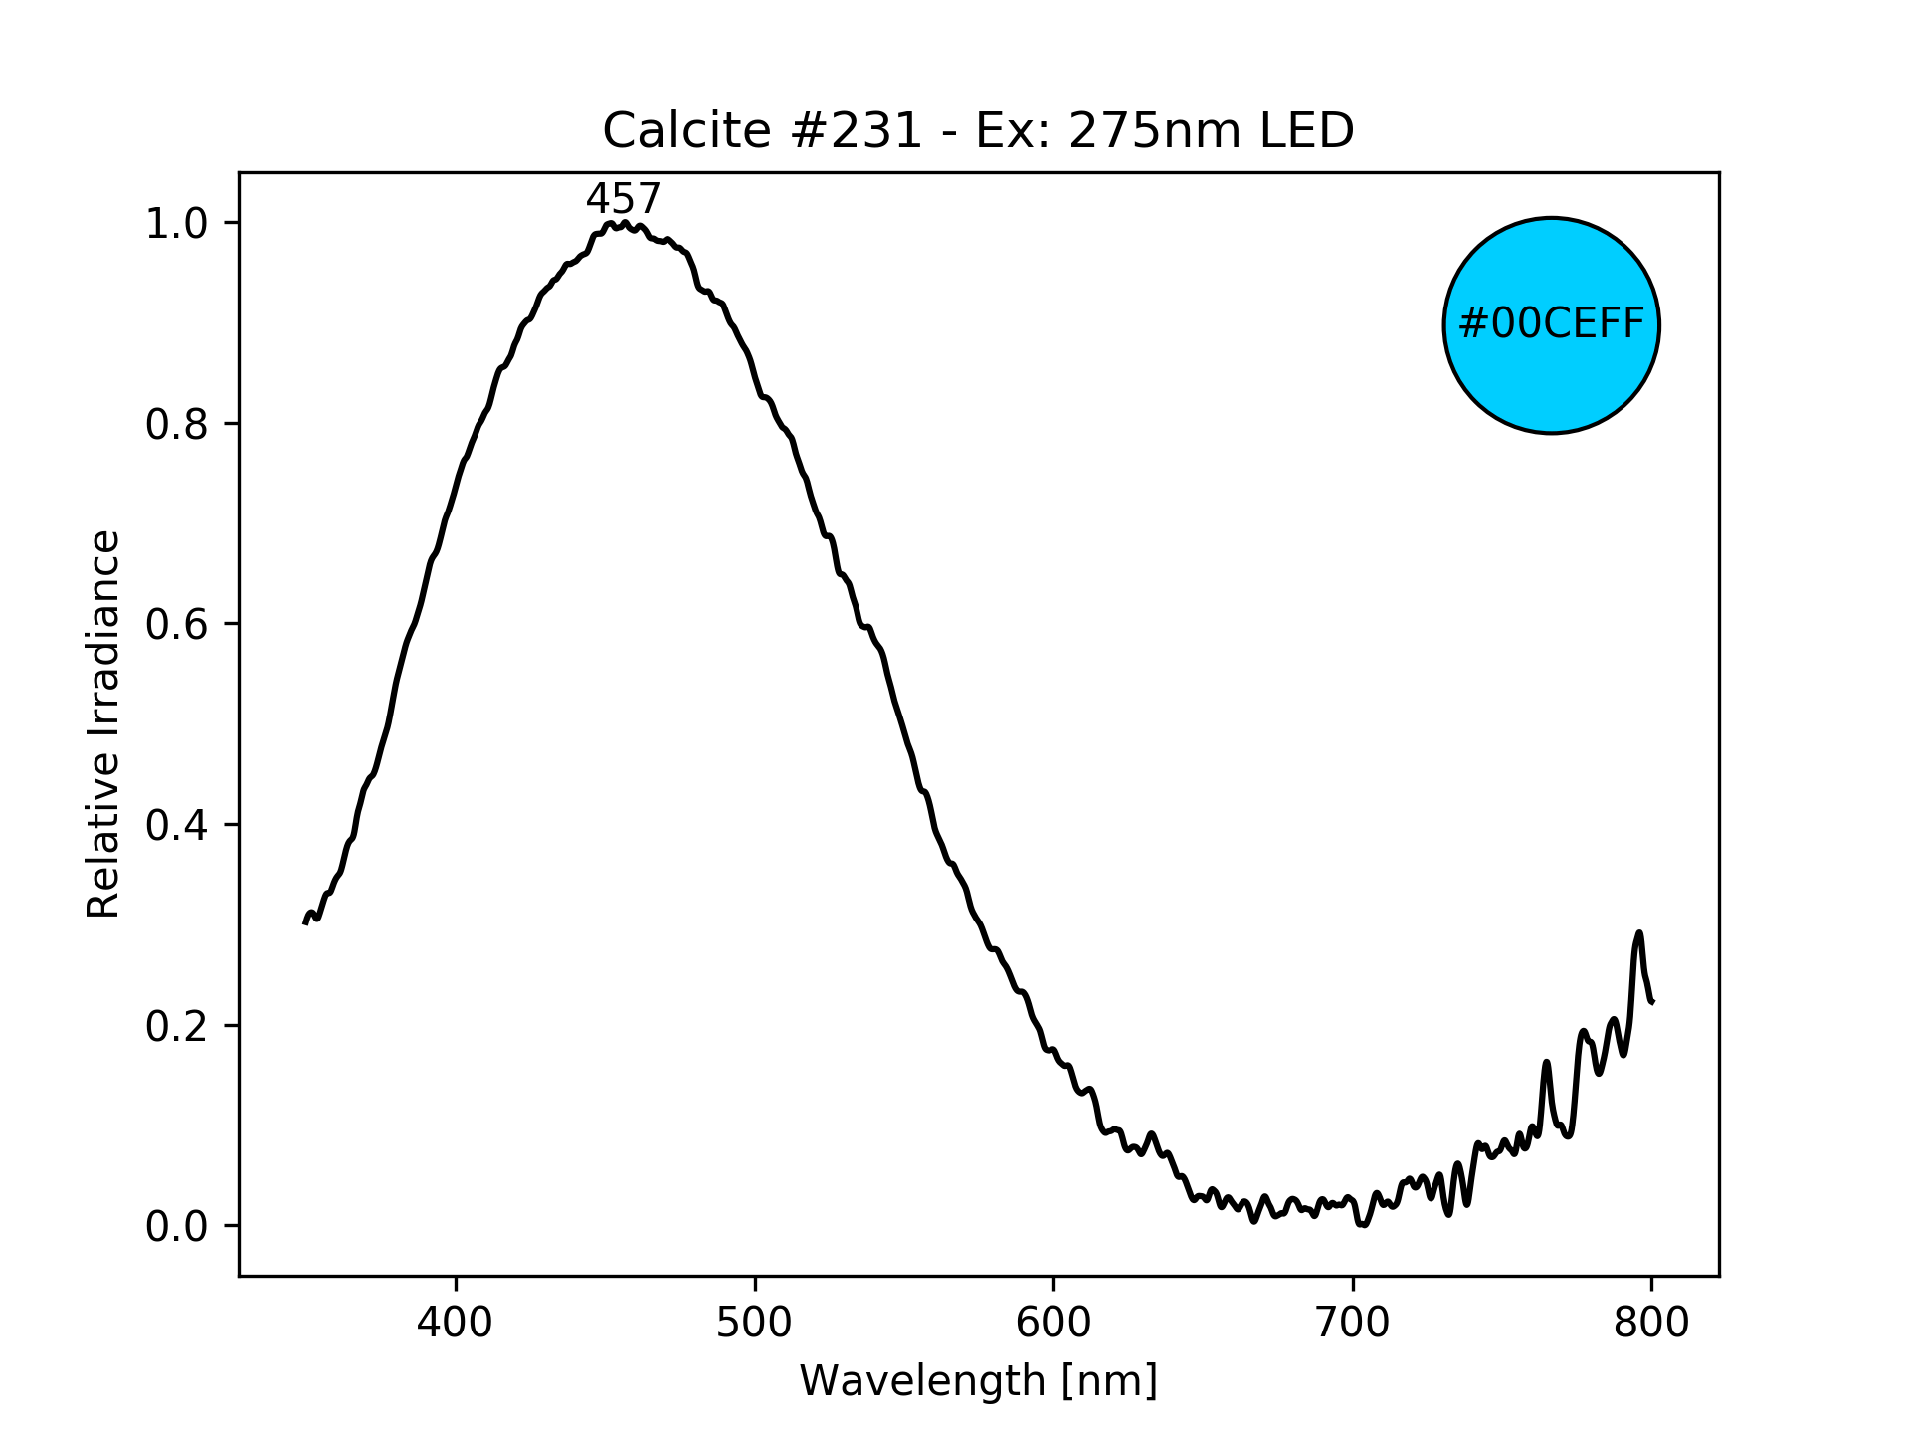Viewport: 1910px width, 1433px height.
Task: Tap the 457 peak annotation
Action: [x=623, y=200]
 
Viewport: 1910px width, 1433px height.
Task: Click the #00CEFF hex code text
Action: [x=1551, y=324]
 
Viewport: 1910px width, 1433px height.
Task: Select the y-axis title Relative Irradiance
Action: [x=103, y=723]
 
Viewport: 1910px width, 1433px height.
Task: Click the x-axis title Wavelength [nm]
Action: [x=978, y=1381]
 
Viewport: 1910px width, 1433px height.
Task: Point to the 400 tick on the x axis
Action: [x=456, y=1323]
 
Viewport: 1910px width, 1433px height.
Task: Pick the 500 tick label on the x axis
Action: [x=755, y=1323]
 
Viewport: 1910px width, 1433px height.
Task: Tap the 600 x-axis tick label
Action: [x=1053, y=1323]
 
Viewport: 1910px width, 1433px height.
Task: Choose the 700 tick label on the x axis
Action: [x=1352, y=1323]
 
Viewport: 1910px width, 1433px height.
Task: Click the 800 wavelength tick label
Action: [x=1651, y=1323]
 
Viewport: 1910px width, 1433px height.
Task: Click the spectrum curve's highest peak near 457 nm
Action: [x=625, y=224]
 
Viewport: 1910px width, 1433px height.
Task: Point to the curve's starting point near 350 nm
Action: [x=306, y=922]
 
